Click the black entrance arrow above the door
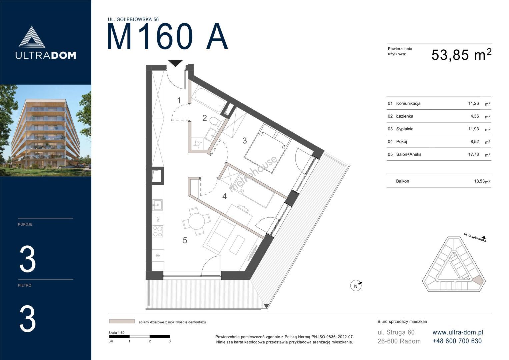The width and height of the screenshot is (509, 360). pyautogui.click(x=175, y=63)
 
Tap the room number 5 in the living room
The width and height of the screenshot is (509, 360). pyautogui.click(x=185, y=240)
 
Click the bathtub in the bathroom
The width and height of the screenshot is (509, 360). pyautogui.click(x=208, y=99)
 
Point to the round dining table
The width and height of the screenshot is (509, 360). pyautogui.click(x=197, y=221)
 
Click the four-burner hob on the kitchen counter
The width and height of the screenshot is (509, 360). pyautogui.click(x=158, y=231)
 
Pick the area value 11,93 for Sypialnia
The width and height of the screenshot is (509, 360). pyautogui.click(x=473, y=129)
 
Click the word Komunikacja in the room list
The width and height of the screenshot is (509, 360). pyautogui.click(x=408, y=103)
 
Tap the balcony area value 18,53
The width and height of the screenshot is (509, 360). pyautogui.click(x=479, y=181)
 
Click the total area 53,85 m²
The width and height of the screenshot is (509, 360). pyautogui.click(x=461, y=55)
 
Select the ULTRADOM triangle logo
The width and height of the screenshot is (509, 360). pyautogui.click(x=32, y=37)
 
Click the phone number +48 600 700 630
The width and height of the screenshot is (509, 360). pyautogui.click(x=457, y=341)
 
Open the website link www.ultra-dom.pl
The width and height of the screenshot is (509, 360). pyautogui.click(x=458, y=332)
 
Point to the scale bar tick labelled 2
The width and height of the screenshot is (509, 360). pyautogui.click(x=150, y=341)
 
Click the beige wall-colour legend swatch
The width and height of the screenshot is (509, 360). pyautogui.click(x=122, y=321)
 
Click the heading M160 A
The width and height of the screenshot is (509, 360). pyautogui.click(x=167, y=37)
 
